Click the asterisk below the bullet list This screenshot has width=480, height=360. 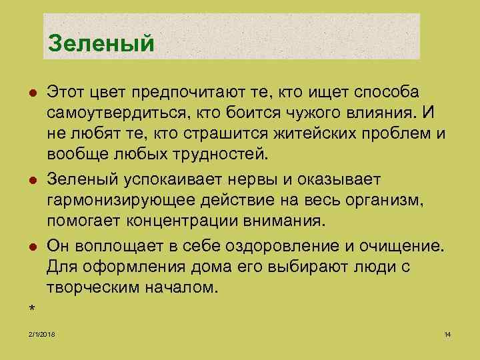coord(31,308)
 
